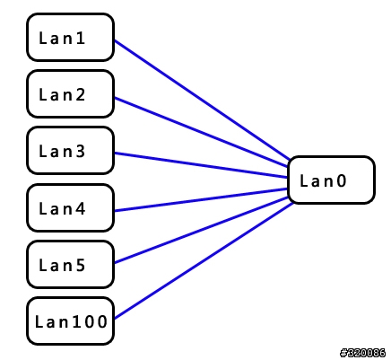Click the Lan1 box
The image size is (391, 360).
(x=71, y=38)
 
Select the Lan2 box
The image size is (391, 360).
(x=71, y=94)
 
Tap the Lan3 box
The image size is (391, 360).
(x=71, y=151)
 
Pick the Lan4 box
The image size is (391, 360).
(x=71, y=208)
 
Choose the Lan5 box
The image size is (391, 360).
(x=71, y=265)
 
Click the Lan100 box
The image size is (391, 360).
(x=71, y=321)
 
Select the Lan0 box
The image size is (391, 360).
(x=331, y=180)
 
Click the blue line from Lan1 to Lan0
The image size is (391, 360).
(x=202, y=100)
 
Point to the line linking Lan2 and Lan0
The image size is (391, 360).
(x=201, y=132)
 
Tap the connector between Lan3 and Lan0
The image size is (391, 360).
(x=201, y=165)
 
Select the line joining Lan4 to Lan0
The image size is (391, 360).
(x=201, y=200)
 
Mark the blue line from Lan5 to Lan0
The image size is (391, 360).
(x=201, y=230)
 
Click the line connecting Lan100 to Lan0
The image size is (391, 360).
(x=204, y=260)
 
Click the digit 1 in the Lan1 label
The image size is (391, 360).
(x=80, y=39)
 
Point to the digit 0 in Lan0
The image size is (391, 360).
(x=341, y=181)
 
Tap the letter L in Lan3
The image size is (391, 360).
(x=43, y=152)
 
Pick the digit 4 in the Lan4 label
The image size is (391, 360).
(x=80, y=209)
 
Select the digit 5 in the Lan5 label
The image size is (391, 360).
(x=80, y=266)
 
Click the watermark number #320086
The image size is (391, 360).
(x=362, y=353)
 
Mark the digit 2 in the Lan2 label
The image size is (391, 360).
(x=80, y=95)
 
